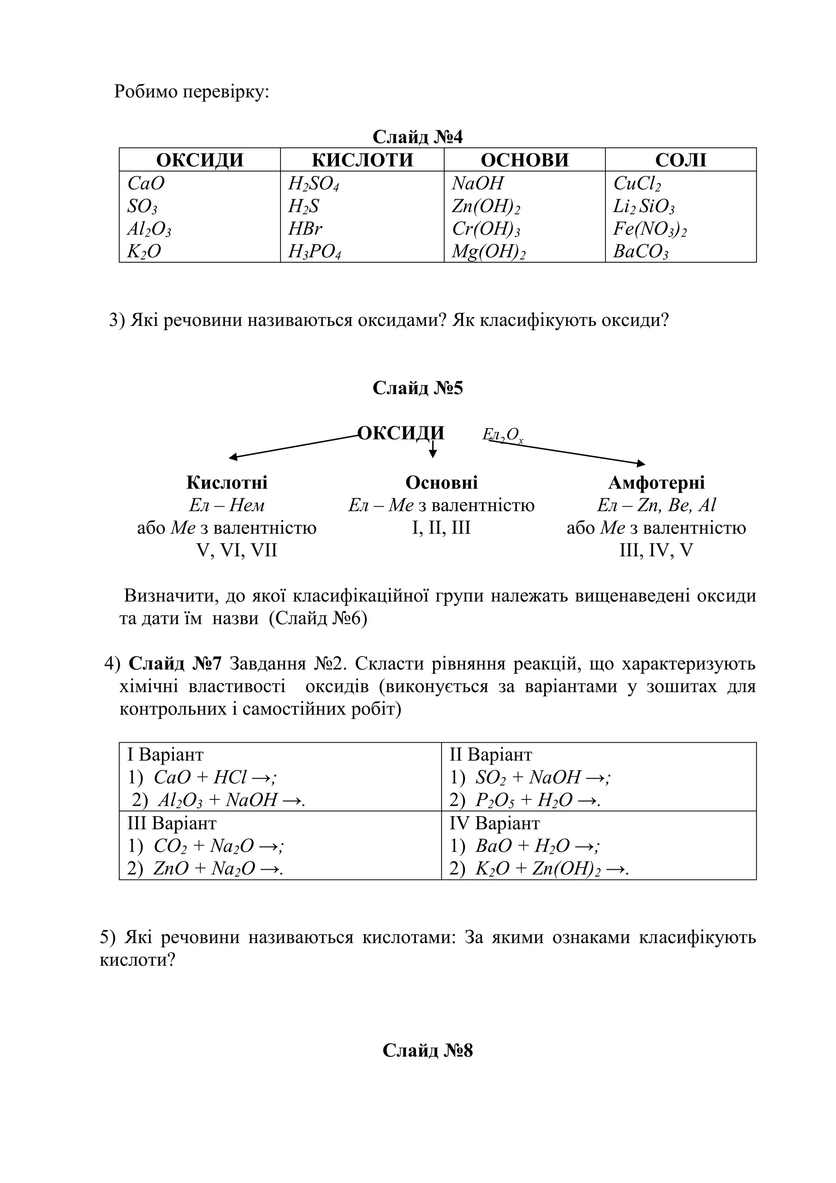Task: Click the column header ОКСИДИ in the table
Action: (x=199, y=160)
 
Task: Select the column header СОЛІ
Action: (x=680, y=160)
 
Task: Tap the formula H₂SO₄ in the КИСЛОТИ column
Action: (x=313, y=183)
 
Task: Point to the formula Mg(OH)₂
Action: (x=488, y=252)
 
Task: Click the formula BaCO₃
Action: (x=640, y=252)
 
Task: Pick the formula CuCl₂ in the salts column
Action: (x=637, y=183)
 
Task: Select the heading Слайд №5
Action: (x=418, y=388)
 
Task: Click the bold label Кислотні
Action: (x=227, y=482)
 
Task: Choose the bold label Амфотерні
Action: (x=656, y=482)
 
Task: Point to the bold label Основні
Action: (x=441, y=482)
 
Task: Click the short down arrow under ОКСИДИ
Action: (x=433, y=450)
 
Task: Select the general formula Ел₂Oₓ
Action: (x=502, y=435)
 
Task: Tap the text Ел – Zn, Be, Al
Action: (x=656, y=505)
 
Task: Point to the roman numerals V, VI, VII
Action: (x=237, y=550)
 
